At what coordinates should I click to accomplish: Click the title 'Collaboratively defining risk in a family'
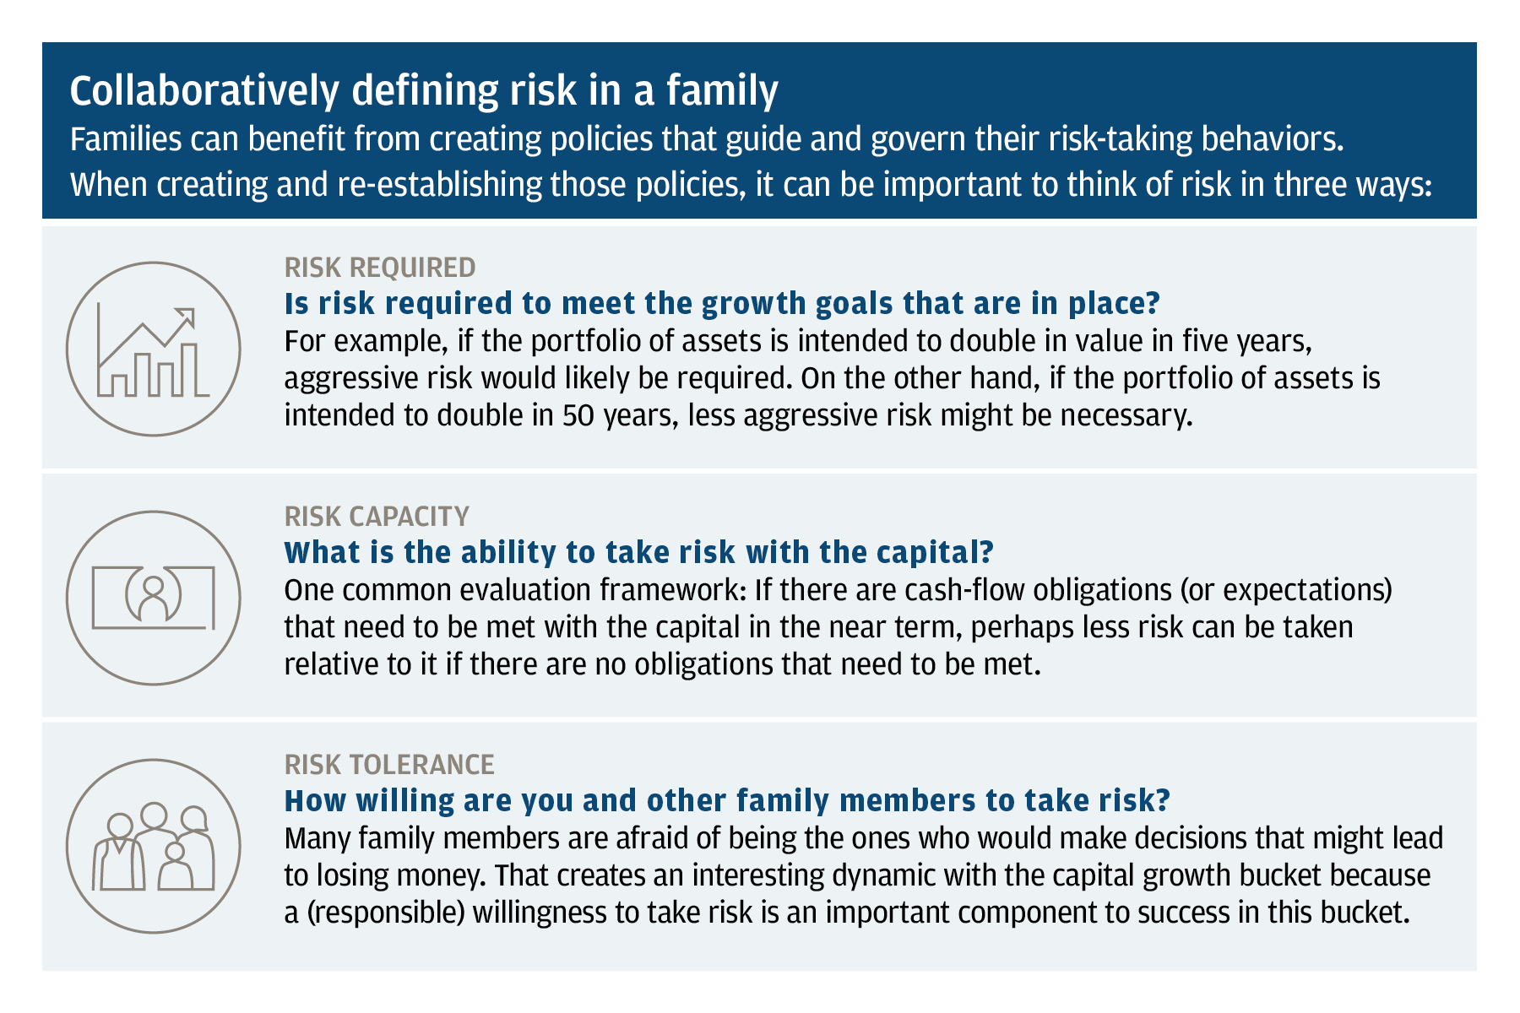pos(424,91)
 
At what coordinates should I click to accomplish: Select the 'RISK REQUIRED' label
pos(380,268)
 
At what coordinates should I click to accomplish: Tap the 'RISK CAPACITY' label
pos(377,516)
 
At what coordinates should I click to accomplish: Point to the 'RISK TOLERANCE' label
pos(389,764)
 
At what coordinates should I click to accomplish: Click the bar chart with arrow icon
pos(153,349)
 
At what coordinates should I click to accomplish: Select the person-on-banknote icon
pos(153,598)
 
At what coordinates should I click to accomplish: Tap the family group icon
pos(153,846)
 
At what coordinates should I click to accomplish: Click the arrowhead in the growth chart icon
pos(186,317)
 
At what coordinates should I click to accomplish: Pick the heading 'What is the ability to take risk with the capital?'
pos(639,552)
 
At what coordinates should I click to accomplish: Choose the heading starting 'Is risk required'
pos(723,303)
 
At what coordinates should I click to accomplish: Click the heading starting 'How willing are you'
pos(727,800)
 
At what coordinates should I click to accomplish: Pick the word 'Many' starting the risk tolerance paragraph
pos(318,839)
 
